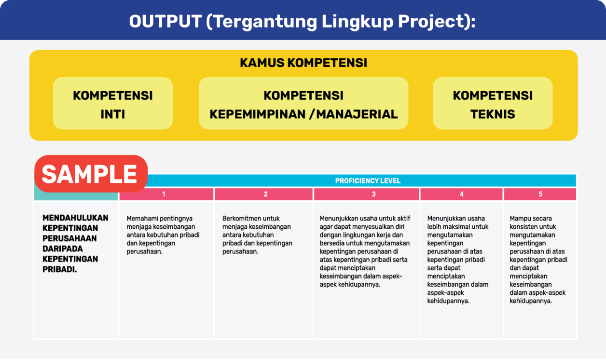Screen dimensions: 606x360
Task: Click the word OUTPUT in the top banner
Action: pyautogui.click(x=165, y=21)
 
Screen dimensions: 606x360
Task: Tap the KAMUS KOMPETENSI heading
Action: pyautogui.click(x=303, y=63)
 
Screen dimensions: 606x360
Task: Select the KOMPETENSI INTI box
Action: pyautogui.click(x=113, y=103)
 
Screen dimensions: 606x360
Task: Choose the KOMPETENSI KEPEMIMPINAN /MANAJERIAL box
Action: pyautogui.click(x=303, y=103)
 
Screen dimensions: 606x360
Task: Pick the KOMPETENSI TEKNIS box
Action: pyautogui.click(x=493, y=103)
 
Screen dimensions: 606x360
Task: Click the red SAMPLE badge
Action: pyautogui.click(x=91, y=174)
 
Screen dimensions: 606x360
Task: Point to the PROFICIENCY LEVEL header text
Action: pyautogui.click(x=368, y=181)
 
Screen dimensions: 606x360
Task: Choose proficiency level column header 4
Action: pyautogui.click(x=461, y=194)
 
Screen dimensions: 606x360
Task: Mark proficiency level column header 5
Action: pyautogui.click(x=540, y=194)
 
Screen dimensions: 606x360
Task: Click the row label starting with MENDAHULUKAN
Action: pyautogui.click(x=75, y=244)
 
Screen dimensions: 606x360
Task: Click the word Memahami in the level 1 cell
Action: pyautogui.click(x=139, y=219)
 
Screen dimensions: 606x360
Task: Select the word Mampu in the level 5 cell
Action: pyautogui.click(x=519, y=219)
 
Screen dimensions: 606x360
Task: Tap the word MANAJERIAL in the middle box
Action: pyautogui.click(x=357, y=114)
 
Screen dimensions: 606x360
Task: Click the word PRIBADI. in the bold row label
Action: pyautogui.click(x=59, y=270)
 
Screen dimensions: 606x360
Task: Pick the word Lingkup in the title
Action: pyautogui.click(x=357, y=22)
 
